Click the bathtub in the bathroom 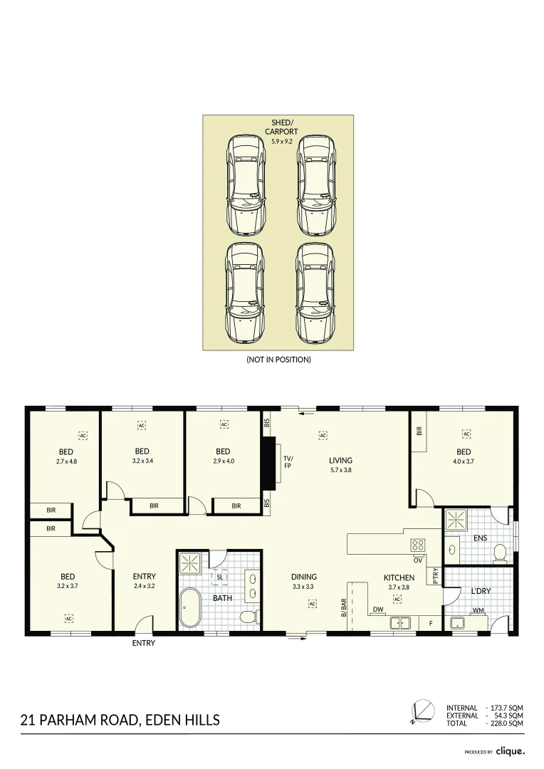coord(191,607)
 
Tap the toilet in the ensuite coord(500,552)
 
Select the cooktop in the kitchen coord(417,546)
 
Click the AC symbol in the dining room coord(312,604)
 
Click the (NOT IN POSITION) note coord(278,360)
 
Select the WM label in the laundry coord(478,610)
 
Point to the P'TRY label coord(436,576)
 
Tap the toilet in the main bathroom coord(247,617)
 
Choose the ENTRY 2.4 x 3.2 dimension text coord(144,587)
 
